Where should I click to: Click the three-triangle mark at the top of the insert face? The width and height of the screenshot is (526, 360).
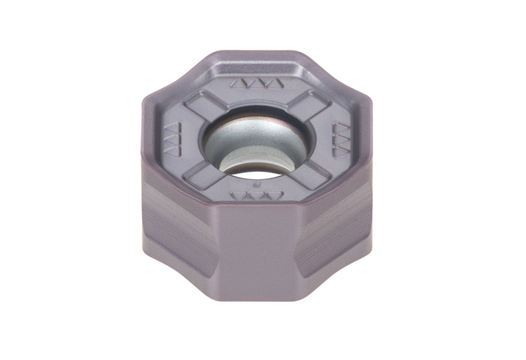tap(257, 84)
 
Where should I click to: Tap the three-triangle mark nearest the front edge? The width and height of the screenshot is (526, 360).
tap(257, 196)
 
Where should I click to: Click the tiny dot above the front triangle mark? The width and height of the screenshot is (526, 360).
tap(257, 186)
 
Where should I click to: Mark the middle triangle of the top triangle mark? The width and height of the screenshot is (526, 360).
tap(257, 84)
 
